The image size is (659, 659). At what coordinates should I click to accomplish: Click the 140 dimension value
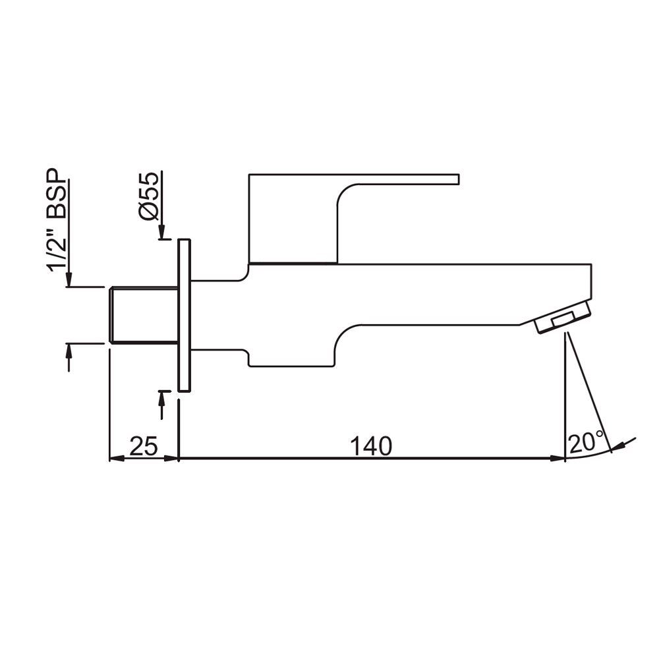coord(371,446)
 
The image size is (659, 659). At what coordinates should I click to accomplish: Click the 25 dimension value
coord(143,447)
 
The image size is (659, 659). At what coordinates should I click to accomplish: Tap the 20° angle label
coord(586,442)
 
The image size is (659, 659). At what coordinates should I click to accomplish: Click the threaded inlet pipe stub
coord(143,315)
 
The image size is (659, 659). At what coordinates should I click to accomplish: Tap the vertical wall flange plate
coord(185,316)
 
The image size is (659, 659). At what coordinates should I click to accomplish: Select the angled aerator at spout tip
coord(563,318)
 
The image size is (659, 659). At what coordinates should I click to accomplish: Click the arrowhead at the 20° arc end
coord(617,448)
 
